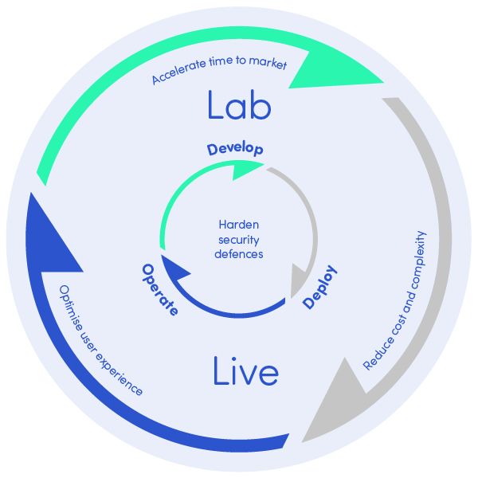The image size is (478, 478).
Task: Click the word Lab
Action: pos(240,104)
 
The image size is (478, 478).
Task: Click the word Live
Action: pos(246,371)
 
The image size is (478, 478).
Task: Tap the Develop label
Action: pos(235,149)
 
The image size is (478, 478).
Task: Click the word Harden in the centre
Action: pos(240,225)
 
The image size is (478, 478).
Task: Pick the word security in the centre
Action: pos(240,239)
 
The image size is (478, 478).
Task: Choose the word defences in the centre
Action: pos(240,253)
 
